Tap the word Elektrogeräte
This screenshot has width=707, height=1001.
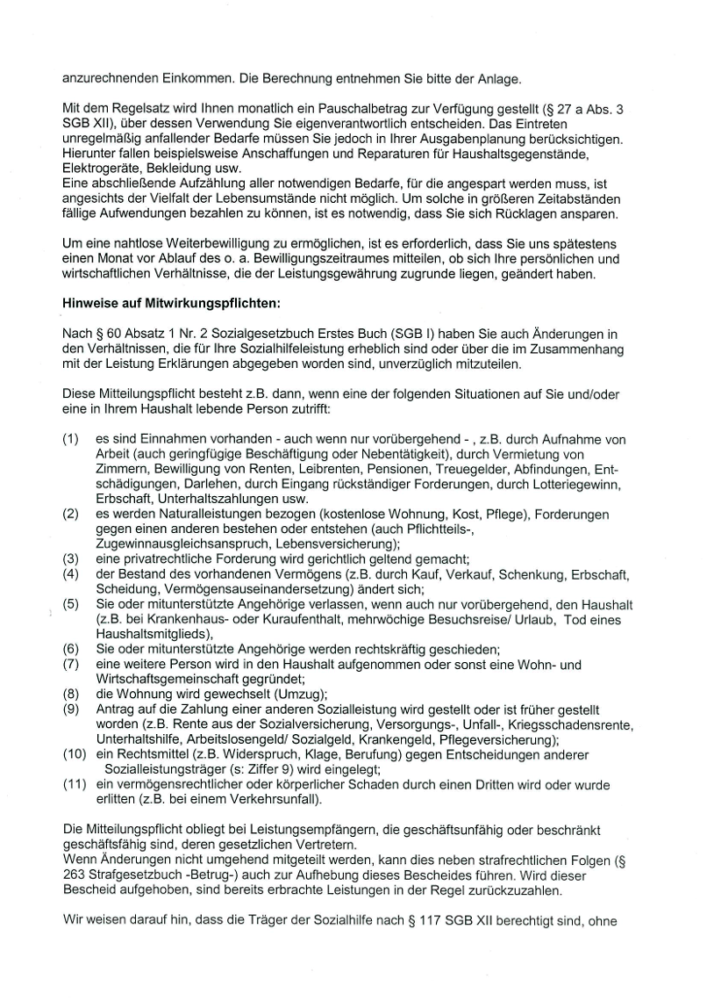tap(99, 168)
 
